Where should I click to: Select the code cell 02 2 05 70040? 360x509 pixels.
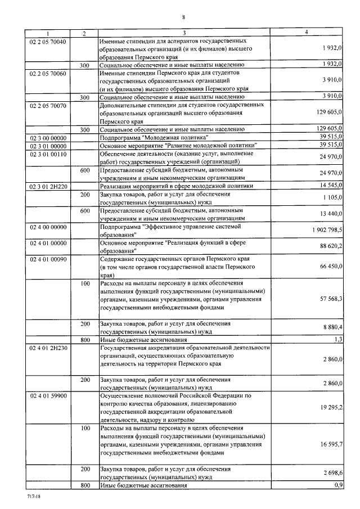click(x=48, y=42)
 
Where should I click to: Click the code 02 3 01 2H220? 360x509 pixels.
click(x=48, y=186)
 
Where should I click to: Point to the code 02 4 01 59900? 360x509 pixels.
click(x=48, y=396)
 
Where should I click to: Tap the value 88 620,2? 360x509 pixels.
click(x=331, y=246)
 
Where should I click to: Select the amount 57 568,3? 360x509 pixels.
click(x=331, y=299)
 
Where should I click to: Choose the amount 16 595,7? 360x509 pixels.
click(x=331, y=444)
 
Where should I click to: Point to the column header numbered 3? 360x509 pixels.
click(x=184, y=33)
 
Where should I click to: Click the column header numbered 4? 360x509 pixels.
click(x=307, y=33)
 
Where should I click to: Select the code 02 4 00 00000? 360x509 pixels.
click(x=48, y=227)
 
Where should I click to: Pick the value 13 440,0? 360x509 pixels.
click(x=331, y=214)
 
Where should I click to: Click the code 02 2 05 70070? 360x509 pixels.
click(x=48, y=105)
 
